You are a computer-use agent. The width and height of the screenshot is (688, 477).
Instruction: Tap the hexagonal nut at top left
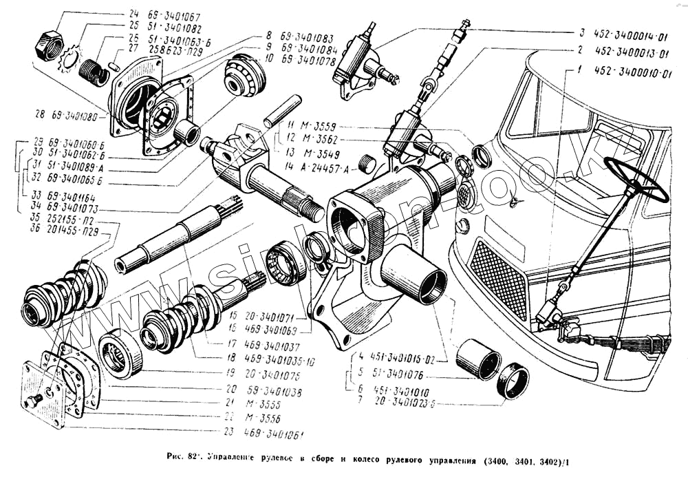pyautogui.click(x=49, y=46)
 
